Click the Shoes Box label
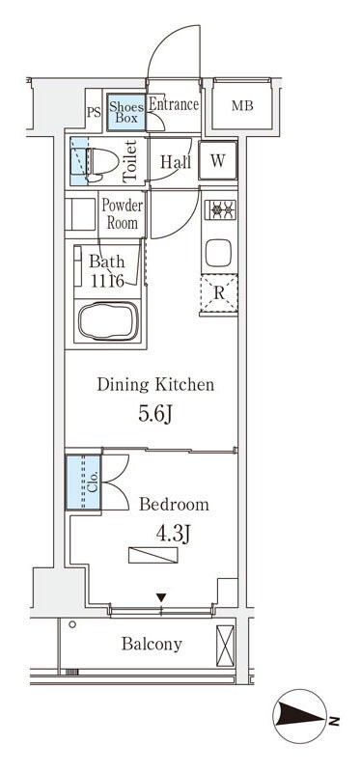click(x=126, y=112)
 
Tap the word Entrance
click(x=174, y=104)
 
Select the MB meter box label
click(x=242, y=105)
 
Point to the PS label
click(x=94, y=112)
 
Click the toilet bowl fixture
click(x=102, y=161)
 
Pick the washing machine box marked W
click(x=218, y=160)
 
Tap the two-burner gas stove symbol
click(x=220, y=210)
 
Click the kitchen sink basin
click(x=219, y=254)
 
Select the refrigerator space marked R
click(x=219, y=293)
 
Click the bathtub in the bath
click(x=108, y=321)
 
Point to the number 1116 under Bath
click(x=107, y=281)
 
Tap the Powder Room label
click(x=123, y=214)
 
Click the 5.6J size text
click(x=155, y=415)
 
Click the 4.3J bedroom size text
click(x=173, y=534)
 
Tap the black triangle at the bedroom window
click(x=161, y=597)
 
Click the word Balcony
click(x=152, y=644)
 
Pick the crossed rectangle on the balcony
click(x=226, y=646)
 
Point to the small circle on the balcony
click(x=72, y=624)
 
